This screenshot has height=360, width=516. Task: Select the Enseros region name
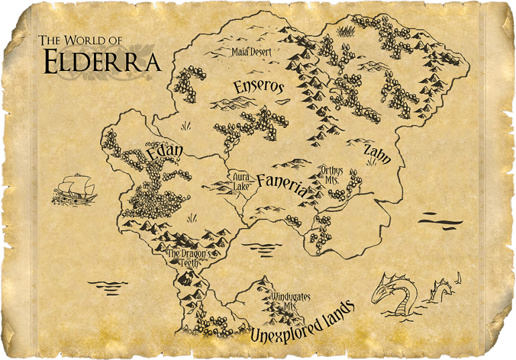[x=259, y=86]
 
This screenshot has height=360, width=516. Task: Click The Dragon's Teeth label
[x=190, y=259]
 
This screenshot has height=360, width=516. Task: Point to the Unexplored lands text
[x=301, y=322]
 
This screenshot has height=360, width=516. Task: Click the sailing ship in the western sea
[x=74, y=190]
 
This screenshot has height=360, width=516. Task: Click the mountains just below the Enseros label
[x=233, y=103]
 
